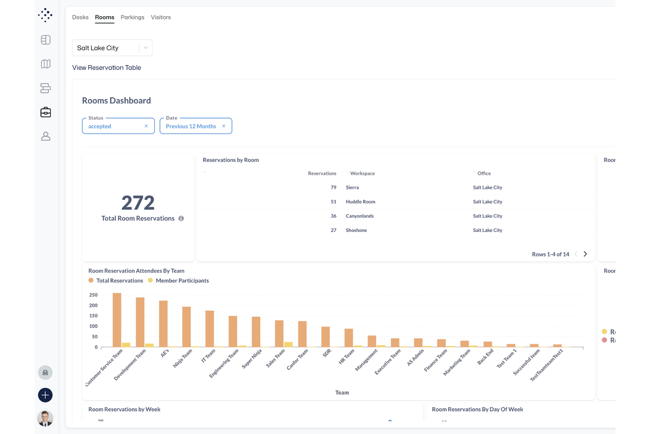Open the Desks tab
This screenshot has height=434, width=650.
point(80,17)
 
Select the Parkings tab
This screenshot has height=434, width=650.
point(132,17)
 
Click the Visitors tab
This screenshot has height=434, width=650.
point(161,17)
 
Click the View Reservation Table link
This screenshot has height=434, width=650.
point(106,68)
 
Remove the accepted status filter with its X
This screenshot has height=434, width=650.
point(146,126)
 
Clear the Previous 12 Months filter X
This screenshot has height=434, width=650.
point(224,126)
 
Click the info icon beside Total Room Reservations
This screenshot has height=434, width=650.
point(181,219)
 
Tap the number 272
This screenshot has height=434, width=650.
point(138,203)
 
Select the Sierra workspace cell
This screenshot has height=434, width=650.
point(352,187)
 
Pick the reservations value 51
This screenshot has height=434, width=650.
point(333,202)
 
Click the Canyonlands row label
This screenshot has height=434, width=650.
point(359,216)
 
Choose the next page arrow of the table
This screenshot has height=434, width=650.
point(585,254)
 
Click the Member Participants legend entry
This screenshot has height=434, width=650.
point(182,281)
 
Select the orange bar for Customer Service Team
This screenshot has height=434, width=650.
point(117,320)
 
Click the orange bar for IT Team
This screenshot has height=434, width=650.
point(209,329)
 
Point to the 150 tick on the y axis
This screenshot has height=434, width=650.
point(93,316)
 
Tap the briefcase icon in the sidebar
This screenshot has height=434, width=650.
point(46,113)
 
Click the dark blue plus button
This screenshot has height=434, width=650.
point(45,395)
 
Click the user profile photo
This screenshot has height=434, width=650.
point(45,418)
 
